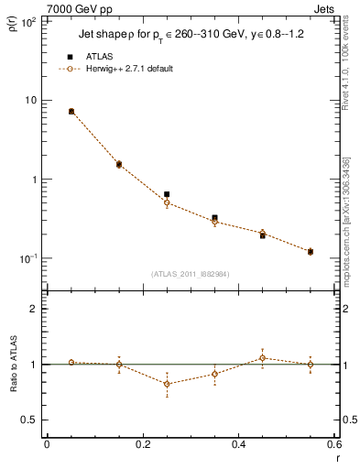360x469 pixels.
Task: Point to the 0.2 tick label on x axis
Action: pyautogui.click(x=142, y=446)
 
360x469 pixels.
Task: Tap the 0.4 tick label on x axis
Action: pyautogui.click(x=238, y=446)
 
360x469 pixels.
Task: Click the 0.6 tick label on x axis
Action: pyautogui.click(x=333, y=446)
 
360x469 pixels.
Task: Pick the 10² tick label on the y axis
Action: pyautogui.click(x=27, y=21)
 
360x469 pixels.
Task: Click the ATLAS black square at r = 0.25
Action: pyautogui.click(x=167, y=194)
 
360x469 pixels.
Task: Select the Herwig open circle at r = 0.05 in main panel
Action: pyautogui.click(x=71, y=111)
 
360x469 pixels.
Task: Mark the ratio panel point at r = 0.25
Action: pyautogui.click(x=167, y=384)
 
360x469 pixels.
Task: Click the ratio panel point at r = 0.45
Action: pyautogui.click(x=262, y=358)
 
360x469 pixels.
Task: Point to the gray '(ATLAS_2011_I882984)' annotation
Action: pyautogui.click(x=191, y=273)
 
